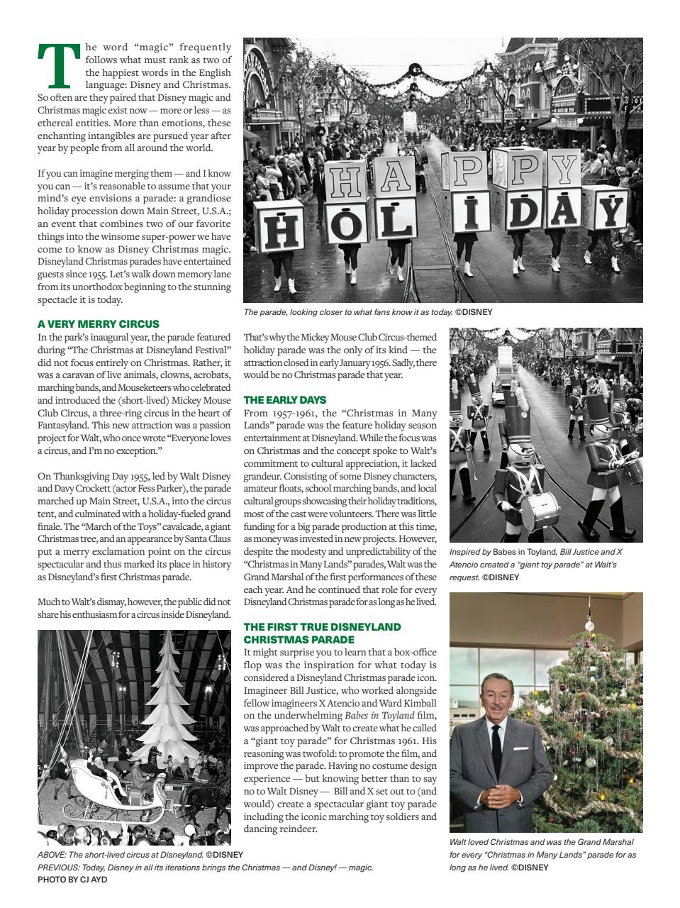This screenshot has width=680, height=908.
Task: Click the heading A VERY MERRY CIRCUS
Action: coord(98,323)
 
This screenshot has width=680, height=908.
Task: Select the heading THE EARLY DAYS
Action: coord(284,400)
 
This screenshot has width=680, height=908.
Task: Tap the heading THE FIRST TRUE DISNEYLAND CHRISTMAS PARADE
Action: coord(322,633)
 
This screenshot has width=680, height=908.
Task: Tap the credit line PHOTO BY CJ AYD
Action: coord(72,879)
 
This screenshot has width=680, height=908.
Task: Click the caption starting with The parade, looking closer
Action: coord(367,312)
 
